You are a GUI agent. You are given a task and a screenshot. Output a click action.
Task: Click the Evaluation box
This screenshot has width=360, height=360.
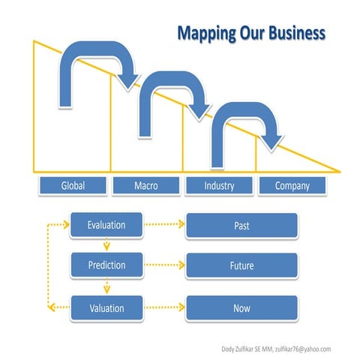tap(106, 224)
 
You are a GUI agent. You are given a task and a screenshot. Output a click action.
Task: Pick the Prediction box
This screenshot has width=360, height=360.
tap(106, 265)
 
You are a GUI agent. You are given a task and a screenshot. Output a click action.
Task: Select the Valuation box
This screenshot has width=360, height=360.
tap(106, 307)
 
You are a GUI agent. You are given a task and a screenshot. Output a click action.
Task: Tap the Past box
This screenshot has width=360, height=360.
tap(241, 224)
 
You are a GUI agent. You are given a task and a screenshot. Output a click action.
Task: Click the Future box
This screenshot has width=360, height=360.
tap(241, 265)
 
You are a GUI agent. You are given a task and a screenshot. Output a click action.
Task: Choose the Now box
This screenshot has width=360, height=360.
tap(241, 307)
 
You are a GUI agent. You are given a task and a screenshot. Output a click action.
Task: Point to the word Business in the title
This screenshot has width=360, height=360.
tap(294, 33)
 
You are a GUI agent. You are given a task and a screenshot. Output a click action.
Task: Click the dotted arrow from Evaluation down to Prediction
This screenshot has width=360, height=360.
tap(106, 245)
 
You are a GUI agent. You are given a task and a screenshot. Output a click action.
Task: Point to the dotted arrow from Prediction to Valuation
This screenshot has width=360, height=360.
tap(106, 286)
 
